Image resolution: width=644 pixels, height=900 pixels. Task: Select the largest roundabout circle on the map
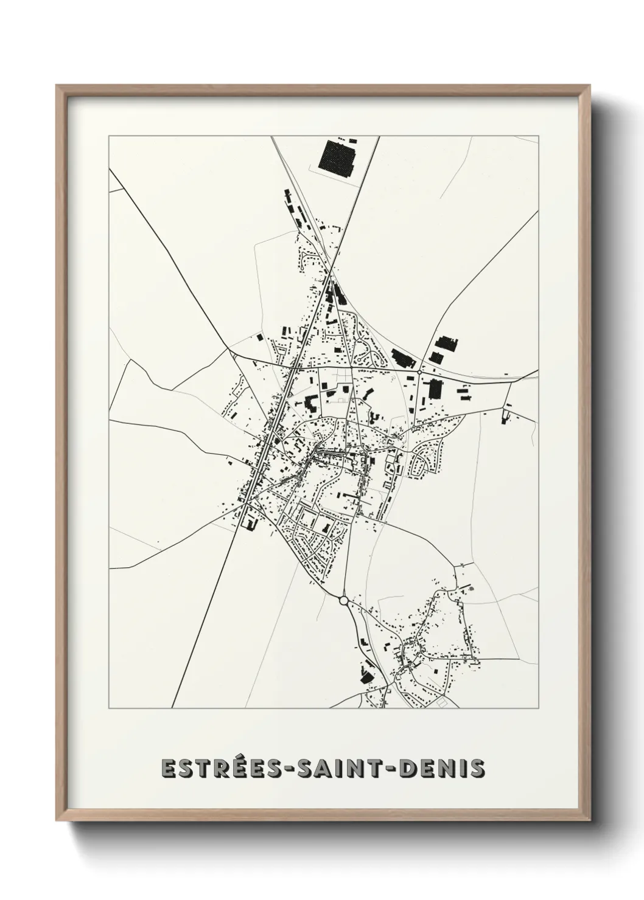(344, 600)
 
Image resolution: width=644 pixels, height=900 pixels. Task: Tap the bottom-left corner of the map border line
(109, 708)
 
